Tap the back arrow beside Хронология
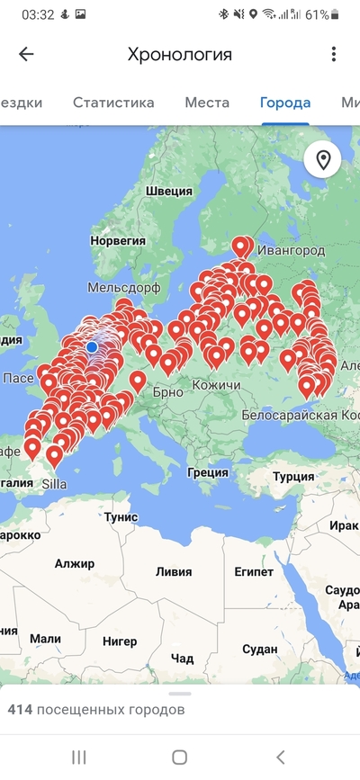26,54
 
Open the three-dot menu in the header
334,54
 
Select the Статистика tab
113,103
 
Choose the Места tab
207,103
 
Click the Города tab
285,103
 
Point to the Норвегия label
118,241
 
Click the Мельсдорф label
123,287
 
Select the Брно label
168,391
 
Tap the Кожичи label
217,386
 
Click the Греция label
208,471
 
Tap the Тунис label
121,517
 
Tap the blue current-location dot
92,346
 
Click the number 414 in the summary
21,710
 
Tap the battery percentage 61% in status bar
316,15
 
